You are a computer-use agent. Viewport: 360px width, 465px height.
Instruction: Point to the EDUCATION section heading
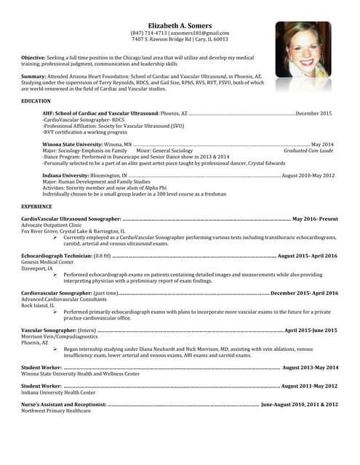(36, 100)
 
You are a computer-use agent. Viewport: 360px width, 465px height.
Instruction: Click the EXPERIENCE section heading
(36, 206)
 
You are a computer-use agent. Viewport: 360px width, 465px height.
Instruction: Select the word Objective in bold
(33, 57)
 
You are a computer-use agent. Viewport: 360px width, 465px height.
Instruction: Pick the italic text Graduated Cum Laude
(308, 150)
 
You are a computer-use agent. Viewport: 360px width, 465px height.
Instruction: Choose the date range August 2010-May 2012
(308, 176)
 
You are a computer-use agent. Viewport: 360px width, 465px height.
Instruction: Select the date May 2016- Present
(315, 219)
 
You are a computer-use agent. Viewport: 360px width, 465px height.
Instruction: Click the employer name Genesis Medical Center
(47, 262)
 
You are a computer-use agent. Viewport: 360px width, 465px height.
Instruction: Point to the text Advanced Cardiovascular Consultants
(64, 299)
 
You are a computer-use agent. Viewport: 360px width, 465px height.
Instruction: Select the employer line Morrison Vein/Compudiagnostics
(59, 337)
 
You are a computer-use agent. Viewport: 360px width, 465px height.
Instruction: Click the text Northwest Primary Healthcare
(56, 411)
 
